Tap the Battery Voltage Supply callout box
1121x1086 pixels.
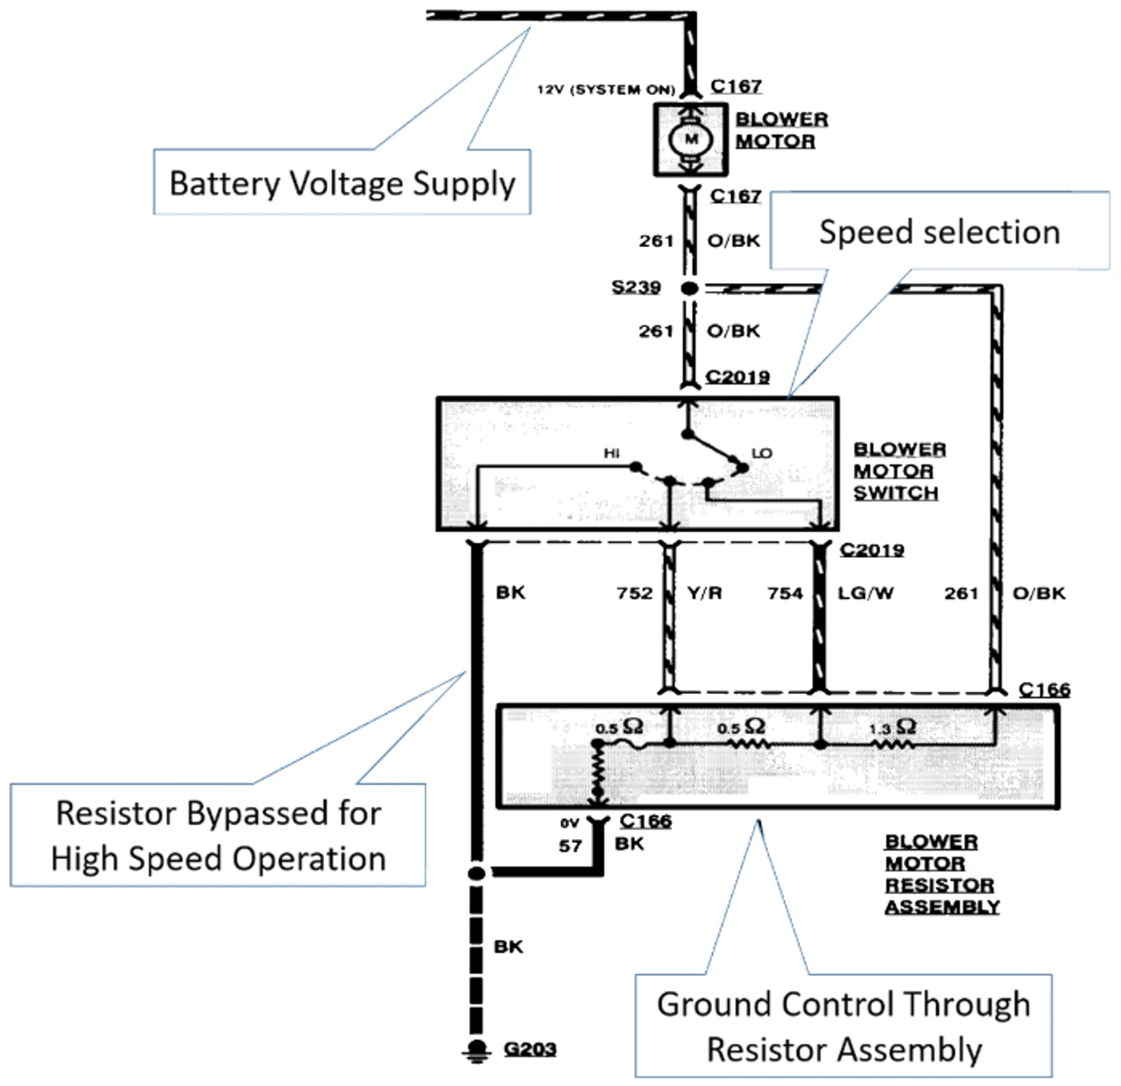(x=342, y=183)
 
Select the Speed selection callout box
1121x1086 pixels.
(x=939, y=232)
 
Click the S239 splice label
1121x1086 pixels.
(x=636, y=287)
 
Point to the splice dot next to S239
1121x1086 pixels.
(x=689, y=288)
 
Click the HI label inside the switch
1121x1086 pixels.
(x=611, y=453)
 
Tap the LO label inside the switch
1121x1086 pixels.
(x=762, y=453)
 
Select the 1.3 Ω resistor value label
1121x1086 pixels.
(x=892, y=728)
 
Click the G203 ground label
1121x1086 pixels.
(x=531, y=1048)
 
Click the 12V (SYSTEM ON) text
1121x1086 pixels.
(x=605, y=90)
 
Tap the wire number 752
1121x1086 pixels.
(x=634, y=593)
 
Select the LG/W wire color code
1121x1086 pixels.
(x=865, y=593)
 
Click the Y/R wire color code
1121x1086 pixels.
(x=704, y=593)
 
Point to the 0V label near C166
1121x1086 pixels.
(x=570, y=823)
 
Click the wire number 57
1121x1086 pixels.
(x=570, y=846)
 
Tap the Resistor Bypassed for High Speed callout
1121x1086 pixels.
(x=218, y=836)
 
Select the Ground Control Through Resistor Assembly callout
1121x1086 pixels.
(x=843, y=1026)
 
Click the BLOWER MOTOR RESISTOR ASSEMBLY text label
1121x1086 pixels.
(x=941, y=874)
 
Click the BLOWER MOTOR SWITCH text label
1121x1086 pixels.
(x=899, y=471)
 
